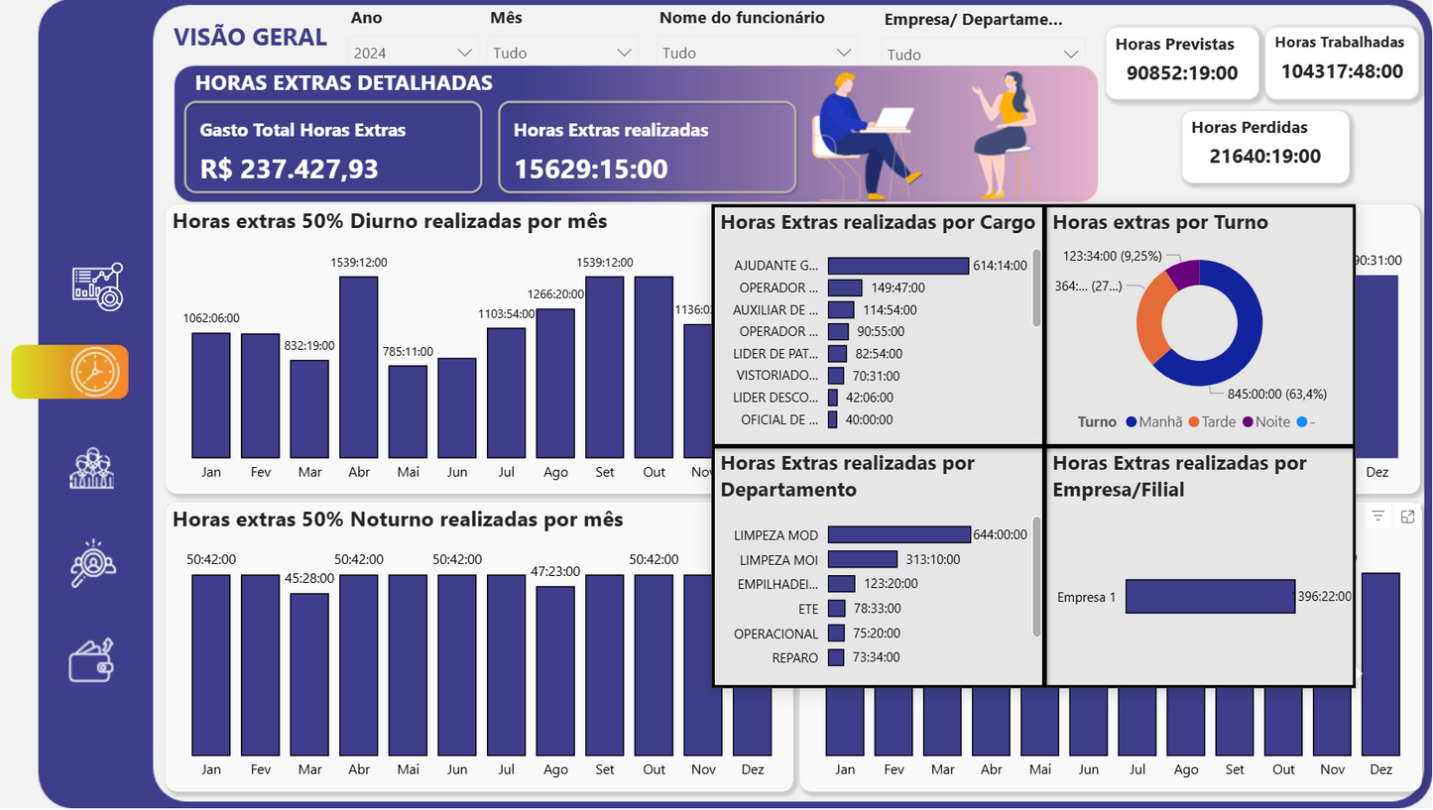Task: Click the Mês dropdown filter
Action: [560, 53]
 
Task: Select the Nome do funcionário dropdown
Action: [756, 53]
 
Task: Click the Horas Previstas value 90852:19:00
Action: [1182, 72]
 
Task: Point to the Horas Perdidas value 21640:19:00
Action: [1264, 156]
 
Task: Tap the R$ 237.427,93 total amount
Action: [290, 169]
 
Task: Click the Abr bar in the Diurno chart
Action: [359, 366]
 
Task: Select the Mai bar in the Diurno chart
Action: [408, 410]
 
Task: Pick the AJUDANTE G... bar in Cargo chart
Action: [897, 266]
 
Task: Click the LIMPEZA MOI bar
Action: [862, 559]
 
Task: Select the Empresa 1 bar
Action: [1210, 597]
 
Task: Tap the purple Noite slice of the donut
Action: [1184, 274]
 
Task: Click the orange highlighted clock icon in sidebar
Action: [95, 373]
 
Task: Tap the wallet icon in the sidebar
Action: [92, 660]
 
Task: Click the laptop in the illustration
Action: [890, 119]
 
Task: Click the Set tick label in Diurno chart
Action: [605, 472]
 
